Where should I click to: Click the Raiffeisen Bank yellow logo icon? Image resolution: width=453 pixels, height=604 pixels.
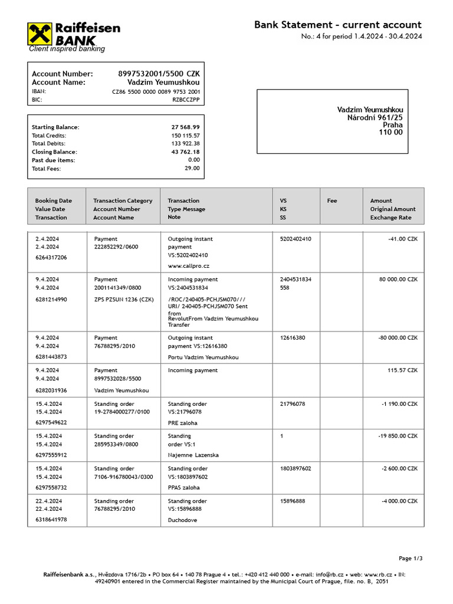[x=40, y=34]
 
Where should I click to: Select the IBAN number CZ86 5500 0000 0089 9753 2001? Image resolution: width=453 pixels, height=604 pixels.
[x=156, y=92]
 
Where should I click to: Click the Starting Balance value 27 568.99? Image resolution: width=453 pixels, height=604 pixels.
[x=185, y=127]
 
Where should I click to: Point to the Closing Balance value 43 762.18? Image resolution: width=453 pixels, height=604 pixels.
[x=185, y=152]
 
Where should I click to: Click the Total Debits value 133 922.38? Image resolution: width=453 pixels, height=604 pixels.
[x=185, y=144]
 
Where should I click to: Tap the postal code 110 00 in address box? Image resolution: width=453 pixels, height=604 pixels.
[x=390, y=133]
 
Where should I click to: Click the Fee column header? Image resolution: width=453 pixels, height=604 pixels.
[x=332, y=201]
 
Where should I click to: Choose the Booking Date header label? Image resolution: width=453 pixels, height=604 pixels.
[x=53, y=201]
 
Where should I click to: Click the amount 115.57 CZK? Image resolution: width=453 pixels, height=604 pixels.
[x=402, y=370]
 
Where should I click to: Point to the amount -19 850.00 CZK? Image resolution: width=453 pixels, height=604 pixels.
[x=397, y=436]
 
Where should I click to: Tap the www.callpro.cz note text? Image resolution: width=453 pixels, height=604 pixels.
[x=189, y=267]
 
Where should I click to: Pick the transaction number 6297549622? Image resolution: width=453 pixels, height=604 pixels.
[x=51, y=423]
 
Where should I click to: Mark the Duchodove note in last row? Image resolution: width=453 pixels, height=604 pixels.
[x=183, y=520]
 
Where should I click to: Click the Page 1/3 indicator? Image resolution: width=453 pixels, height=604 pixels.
[x=411, y=559]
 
